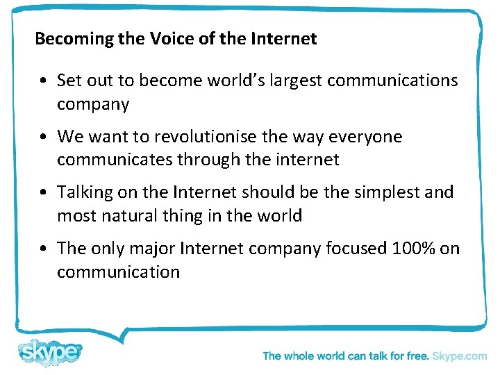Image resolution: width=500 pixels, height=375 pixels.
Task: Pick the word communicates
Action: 115,160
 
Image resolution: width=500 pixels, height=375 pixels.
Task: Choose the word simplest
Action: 383,192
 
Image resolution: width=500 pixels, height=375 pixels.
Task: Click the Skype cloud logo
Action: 50,352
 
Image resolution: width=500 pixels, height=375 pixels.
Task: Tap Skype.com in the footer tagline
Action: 459,356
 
